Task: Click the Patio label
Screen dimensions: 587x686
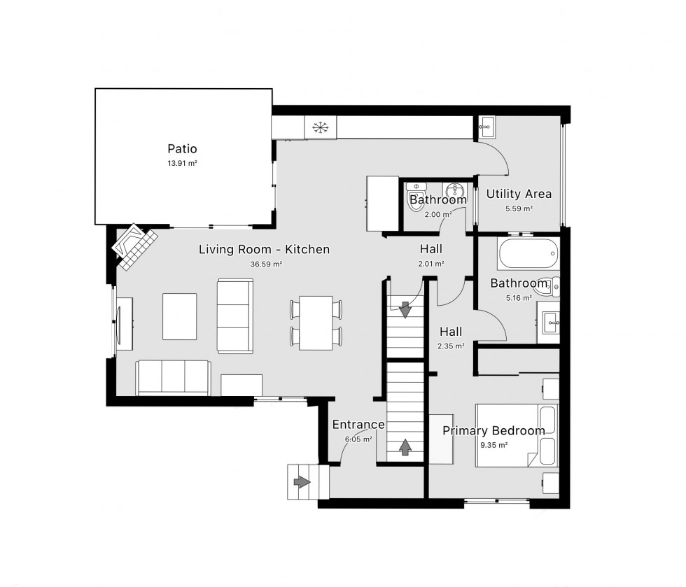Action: point(182,148)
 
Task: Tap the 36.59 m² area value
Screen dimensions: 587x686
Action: point(264,264)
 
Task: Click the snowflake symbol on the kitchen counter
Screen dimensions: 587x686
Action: point(320,127)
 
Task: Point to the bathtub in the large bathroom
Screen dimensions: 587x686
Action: point(528,254)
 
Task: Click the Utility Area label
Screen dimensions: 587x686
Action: point(519,194)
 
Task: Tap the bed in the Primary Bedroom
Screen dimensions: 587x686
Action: point(516,435)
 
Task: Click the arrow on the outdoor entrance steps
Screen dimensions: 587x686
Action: point(302,482)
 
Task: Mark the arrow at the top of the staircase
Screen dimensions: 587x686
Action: point(405,309)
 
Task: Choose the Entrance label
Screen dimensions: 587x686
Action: point(358,424)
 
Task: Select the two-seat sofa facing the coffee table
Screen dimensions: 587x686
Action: point(234,315)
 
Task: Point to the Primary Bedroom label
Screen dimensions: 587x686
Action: point(493,430)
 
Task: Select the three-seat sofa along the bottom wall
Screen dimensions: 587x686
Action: point(173,378)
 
